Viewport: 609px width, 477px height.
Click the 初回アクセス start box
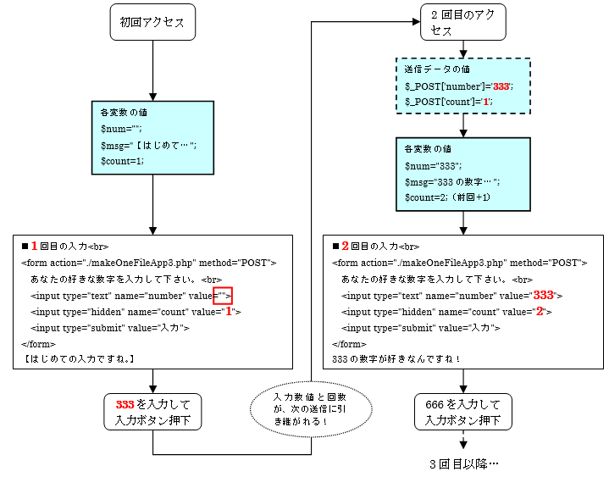coord(152,22)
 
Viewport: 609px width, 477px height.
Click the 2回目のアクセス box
coord(462,22)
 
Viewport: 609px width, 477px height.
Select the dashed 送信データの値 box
coord(462,86)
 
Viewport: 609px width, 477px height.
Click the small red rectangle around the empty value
coord(223,296)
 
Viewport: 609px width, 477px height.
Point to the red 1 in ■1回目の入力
coord(35,247)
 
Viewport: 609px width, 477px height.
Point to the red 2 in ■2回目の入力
coord(346,247)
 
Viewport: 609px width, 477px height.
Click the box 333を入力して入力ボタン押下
coord(152,412)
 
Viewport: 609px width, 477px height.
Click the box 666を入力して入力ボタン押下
coord(462,412)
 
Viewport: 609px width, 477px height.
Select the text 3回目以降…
coord(463,464)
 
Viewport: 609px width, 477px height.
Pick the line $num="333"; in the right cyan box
coord(432,166)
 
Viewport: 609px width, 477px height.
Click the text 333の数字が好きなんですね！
coord(396,360)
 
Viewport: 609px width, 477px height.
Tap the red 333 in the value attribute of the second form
coord(542,296)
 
